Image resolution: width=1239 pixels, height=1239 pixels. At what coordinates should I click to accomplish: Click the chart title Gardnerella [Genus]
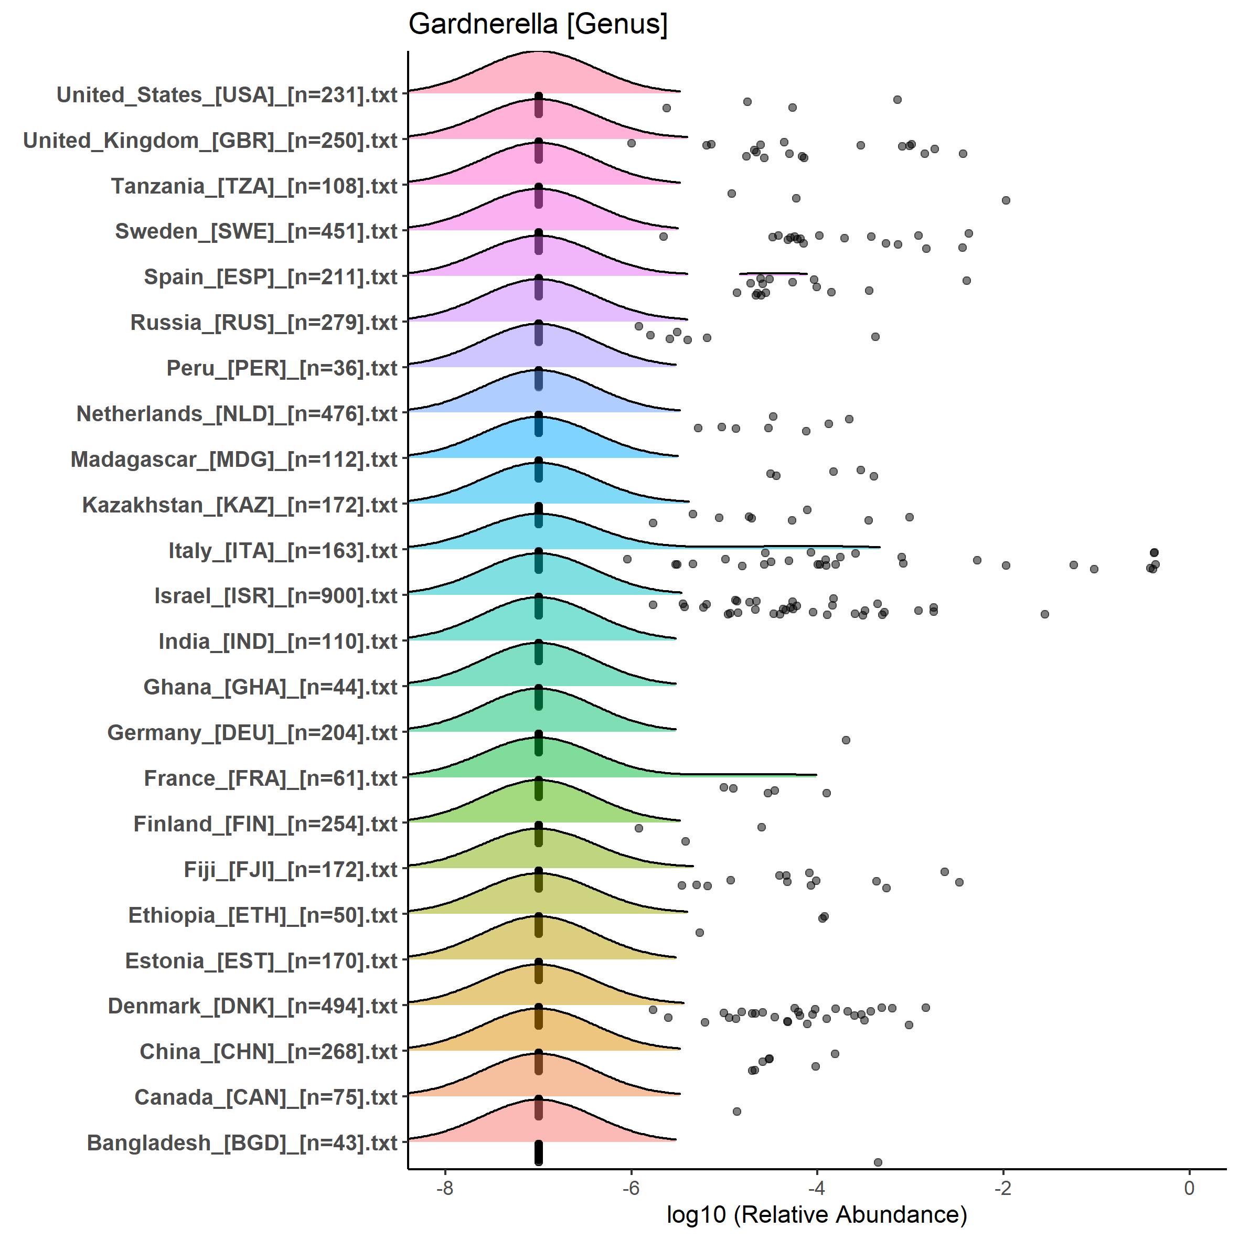point(538,24)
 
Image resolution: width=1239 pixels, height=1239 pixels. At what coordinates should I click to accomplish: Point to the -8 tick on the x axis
point(444,1188)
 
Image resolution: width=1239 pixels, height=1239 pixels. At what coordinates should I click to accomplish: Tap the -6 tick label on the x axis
point(631,1188)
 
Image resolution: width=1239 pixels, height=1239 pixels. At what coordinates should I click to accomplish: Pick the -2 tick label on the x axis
point(1003,1188)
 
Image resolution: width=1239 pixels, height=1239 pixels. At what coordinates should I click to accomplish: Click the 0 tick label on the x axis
point(1190,1188)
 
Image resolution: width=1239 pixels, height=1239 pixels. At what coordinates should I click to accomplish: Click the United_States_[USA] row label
point(227,95)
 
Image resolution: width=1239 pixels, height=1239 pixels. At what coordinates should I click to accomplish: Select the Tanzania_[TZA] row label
point(254,186)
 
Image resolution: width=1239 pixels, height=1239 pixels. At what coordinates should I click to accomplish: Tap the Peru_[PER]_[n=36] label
point(282,368)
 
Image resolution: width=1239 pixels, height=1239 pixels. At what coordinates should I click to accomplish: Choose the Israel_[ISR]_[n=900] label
point(276,596)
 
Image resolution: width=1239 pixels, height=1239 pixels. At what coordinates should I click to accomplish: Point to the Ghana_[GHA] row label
point(271,687)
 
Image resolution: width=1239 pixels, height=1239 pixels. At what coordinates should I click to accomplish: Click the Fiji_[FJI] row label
point(291,870)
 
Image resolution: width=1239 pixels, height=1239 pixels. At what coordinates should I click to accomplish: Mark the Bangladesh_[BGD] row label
point(242,1143)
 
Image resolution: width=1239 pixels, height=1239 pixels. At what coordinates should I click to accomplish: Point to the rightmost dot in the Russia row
point(875,337)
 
